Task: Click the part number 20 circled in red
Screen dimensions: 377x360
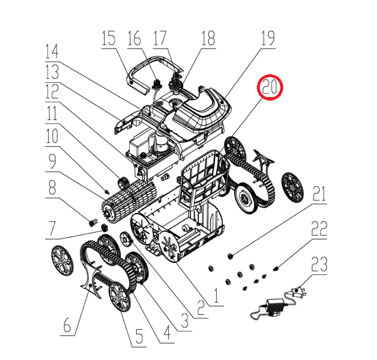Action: click(x=269, y=87)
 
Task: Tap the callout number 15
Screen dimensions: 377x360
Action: click(x=109, y=38)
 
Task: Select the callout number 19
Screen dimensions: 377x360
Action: click(x=268, y=38)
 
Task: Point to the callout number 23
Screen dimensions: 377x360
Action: click(x=319, y=264)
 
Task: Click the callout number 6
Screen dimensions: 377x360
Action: click(x=68, y=325)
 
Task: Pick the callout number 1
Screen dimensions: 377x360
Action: click(x=216, y=295)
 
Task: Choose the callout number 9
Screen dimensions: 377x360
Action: click(x=53, y=161)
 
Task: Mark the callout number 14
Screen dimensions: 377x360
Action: click(x=52, y=52)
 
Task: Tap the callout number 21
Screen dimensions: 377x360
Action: click(x=319, y=194)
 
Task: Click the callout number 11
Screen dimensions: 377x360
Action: click(x=52, y=113)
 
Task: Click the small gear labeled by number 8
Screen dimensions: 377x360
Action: click(x=93, y=222)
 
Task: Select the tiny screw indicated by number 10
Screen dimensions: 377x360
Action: click(x=107, y=191)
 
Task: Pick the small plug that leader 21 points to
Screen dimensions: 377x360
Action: click(x=230, y=257)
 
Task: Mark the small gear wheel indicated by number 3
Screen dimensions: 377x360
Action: click(x=126, y=239)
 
